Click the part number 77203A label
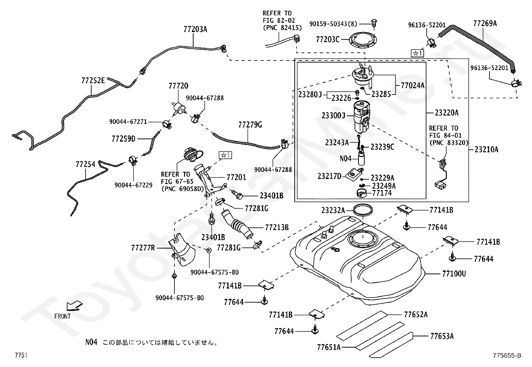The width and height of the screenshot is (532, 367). coord(195,29)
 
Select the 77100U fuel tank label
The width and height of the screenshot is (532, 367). coord(454,274)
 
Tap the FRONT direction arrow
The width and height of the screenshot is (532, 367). coord(75,306)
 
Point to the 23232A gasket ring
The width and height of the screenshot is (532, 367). coord(363,210)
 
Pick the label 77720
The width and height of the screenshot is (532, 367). coord(178,86)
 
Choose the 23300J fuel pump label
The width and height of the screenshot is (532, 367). coord(334,116)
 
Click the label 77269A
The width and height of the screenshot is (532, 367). coord(485,23)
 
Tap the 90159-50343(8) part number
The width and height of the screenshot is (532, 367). coord(333,24)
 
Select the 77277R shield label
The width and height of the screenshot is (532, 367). coord(143,248)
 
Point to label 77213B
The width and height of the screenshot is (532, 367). coord(277,227)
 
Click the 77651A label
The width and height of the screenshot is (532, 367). coord(329,347)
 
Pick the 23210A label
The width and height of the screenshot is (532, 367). coord(487,150)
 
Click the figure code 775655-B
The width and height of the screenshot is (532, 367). coord(507,355)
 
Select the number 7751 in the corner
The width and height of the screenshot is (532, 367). coord(21,355)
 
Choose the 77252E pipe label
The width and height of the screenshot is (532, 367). coord(93,81)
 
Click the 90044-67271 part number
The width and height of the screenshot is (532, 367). coord(128,122)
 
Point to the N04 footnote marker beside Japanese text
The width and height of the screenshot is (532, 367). coord(92,342)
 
